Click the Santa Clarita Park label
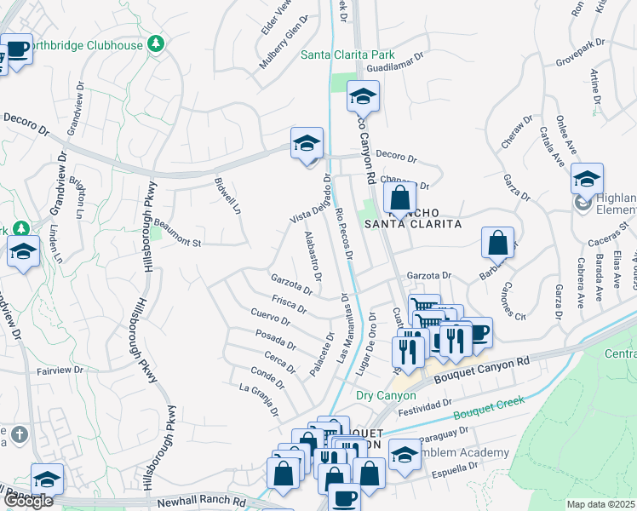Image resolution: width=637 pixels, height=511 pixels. point(344,56)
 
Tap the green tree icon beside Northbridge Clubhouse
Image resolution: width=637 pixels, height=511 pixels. point(156,43)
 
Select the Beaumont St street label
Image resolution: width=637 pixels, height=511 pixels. point(177,243)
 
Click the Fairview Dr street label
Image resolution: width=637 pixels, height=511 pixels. point(63,371)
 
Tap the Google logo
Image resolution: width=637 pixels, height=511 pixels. point(28,500)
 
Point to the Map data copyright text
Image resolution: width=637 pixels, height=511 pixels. point(601,504)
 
